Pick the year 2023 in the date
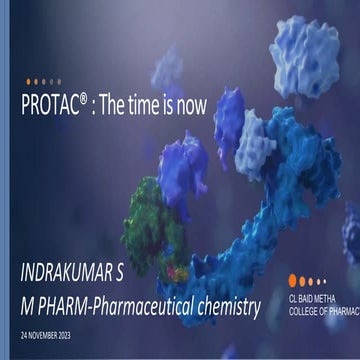click(x=78, y=331)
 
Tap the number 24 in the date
click(x=23, y=331)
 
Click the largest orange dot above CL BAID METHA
click(x=291, y=281)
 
